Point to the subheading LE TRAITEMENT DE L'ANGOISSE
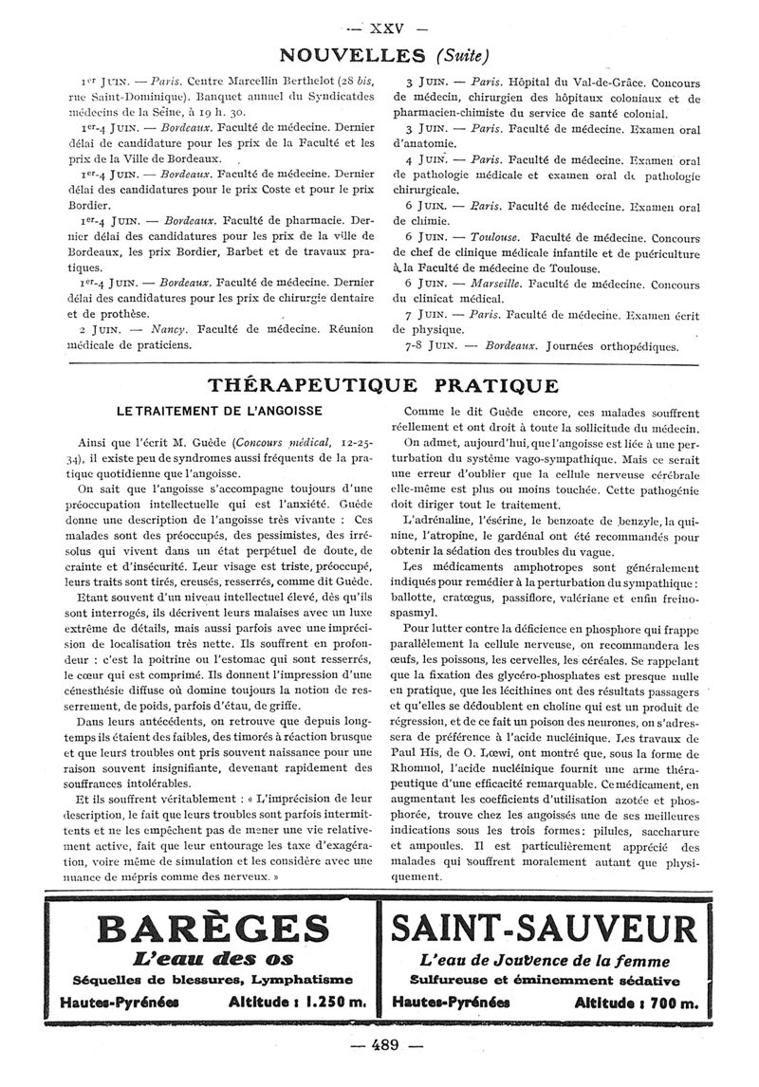219,411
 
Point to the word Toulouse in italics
495,236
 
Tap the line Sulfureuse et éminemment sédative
545,979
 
